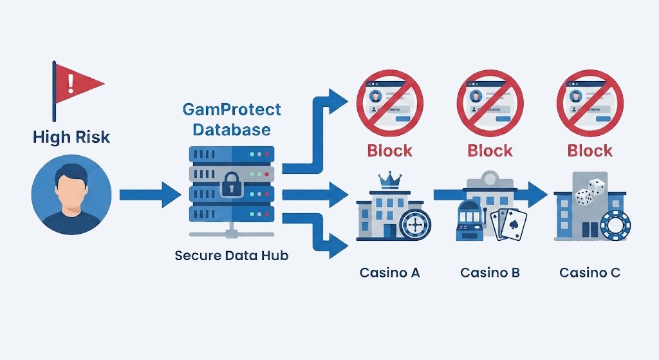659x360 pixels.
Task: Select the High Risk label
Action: coord(71,137)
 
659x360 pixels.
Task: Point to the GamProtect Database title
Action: coord(232,120)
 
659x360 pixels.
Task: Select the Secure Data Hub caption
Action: coord(232,256)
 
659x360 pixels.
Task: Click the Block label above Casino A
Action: coord(389,151)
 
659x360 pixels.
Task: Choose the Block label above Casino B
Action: coord(490,151)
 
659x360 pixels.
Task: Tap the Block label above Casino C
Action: coord(589,151)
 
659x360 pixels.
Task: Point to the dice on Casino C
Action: coord(589,192)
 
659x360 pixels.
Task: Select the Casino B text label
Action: coord(490,272)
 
